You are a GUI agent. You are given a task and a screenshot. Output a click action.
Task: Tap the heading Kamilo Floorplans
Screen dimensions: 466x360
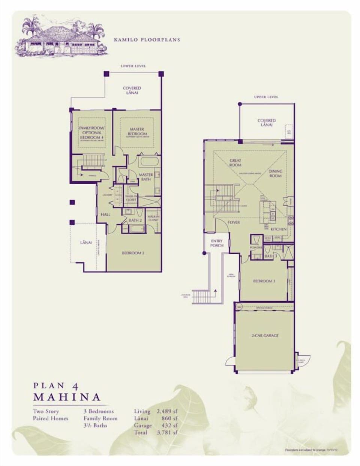click(x=147, y=39)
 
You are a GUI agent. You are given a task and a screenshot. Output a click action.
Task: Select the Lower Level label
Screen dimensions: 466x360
click(x=133, y=66)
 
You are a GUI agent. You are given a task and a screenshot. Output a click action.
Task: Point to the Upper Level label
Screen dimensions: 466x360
click(x=266, y=97)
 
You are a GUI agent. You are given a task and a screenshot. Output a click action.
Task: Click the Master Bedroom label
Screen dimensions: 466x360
click(x=137, y=132)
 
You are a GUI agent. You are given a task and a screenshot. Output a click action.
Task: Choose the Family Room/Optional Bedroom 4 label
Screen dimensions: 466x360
click(x=91, y=133)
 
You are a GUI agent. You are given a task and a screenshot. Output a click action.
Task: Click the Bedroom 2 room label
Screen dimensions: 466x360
click(x=133, y=253)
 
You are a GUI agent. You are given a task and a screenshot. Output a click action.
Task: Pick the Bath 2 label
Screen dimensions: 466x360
click(x=135, y=220)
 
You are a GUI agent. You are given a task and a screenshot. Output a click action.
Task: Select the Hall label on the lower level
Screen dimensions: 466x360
click(x=105, y=214)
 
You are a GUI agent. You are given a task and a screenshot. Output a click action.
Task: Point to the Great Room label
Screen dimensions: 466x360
click(x=235, y=162)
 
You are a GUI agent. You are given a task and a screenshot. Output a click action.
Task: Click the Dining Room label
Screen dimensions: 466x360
click(x=275, y=173)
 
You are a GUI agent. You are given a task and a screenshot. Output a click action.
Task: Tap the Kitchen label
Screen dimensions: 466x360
click(x=278, y=229)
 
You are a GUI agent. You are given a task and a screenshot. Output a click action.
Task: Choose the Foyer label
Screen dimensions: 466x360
click(x=234, y=222)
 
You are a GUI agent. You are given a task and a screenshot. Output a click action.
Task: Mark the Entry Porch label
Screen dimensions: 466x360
click(x=217, y=243)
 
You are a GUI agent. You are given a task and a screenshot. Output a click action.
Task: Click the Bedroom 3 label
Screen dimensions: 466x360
click(x=264, y=281)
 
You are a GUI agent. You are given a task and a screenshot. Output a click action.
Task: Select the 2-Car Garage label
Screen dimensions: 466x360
click(x=265, y=335)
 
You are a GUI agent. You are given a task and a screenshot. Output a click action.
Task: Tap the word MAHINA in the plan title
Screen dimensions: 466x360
click(x=67, y=397)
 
